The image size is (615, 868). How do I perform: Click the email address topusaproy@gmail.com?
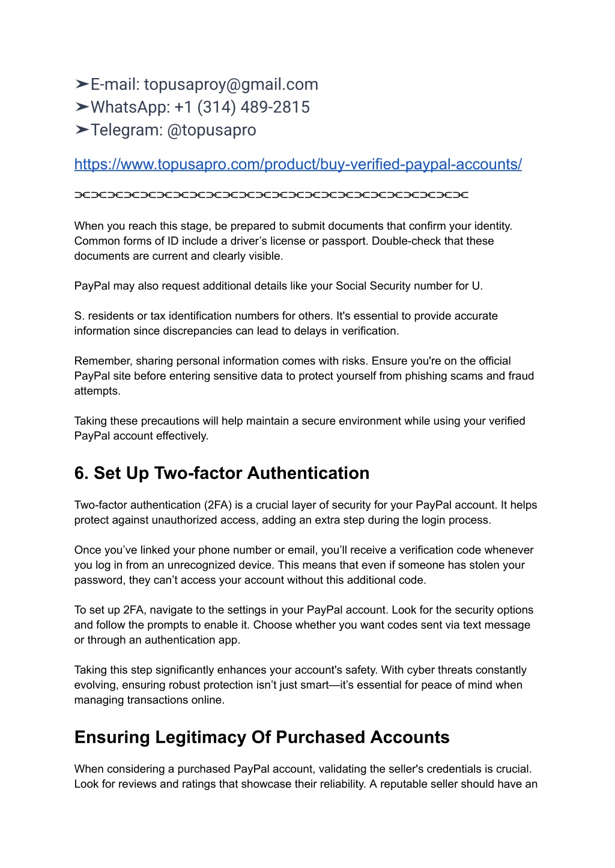pos(231,85)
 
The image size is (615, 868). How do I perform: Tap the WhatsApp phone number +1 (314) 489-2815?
pos(242,107)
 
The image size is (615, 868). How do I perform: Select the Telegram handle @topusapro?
pos(211,130)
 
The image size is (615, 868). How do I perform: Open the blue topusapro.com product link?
pos(298,164)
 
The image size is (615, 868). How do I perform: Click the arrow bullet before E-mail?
pos(82,85)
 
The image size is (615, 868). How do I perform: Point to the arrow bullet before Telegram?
pos(82,130)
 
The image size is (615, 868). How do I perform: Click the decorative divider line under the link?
pos(271,195)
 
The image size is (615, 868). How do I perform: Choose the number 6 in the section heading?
pos(79,474)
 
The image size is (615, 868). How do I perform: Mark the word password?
pos(98,580)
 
